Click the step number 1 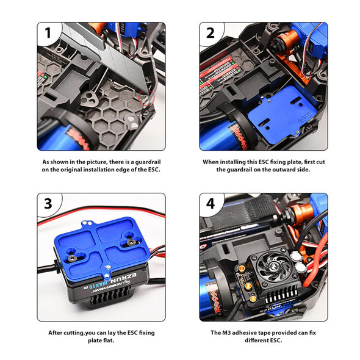click(x=48, y=33)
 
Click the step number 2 click(x=211, y=33)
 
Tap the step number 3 click(x=48, y=203)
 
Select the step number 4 click(x=211, y=203)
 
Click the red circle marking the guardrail click(x=146, y=98)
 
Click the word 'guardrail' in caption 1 click(x=148, y=162)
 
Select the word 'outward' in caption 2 click(x=286, y=170)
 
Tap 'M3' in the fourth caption click(x=226, y=333)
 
